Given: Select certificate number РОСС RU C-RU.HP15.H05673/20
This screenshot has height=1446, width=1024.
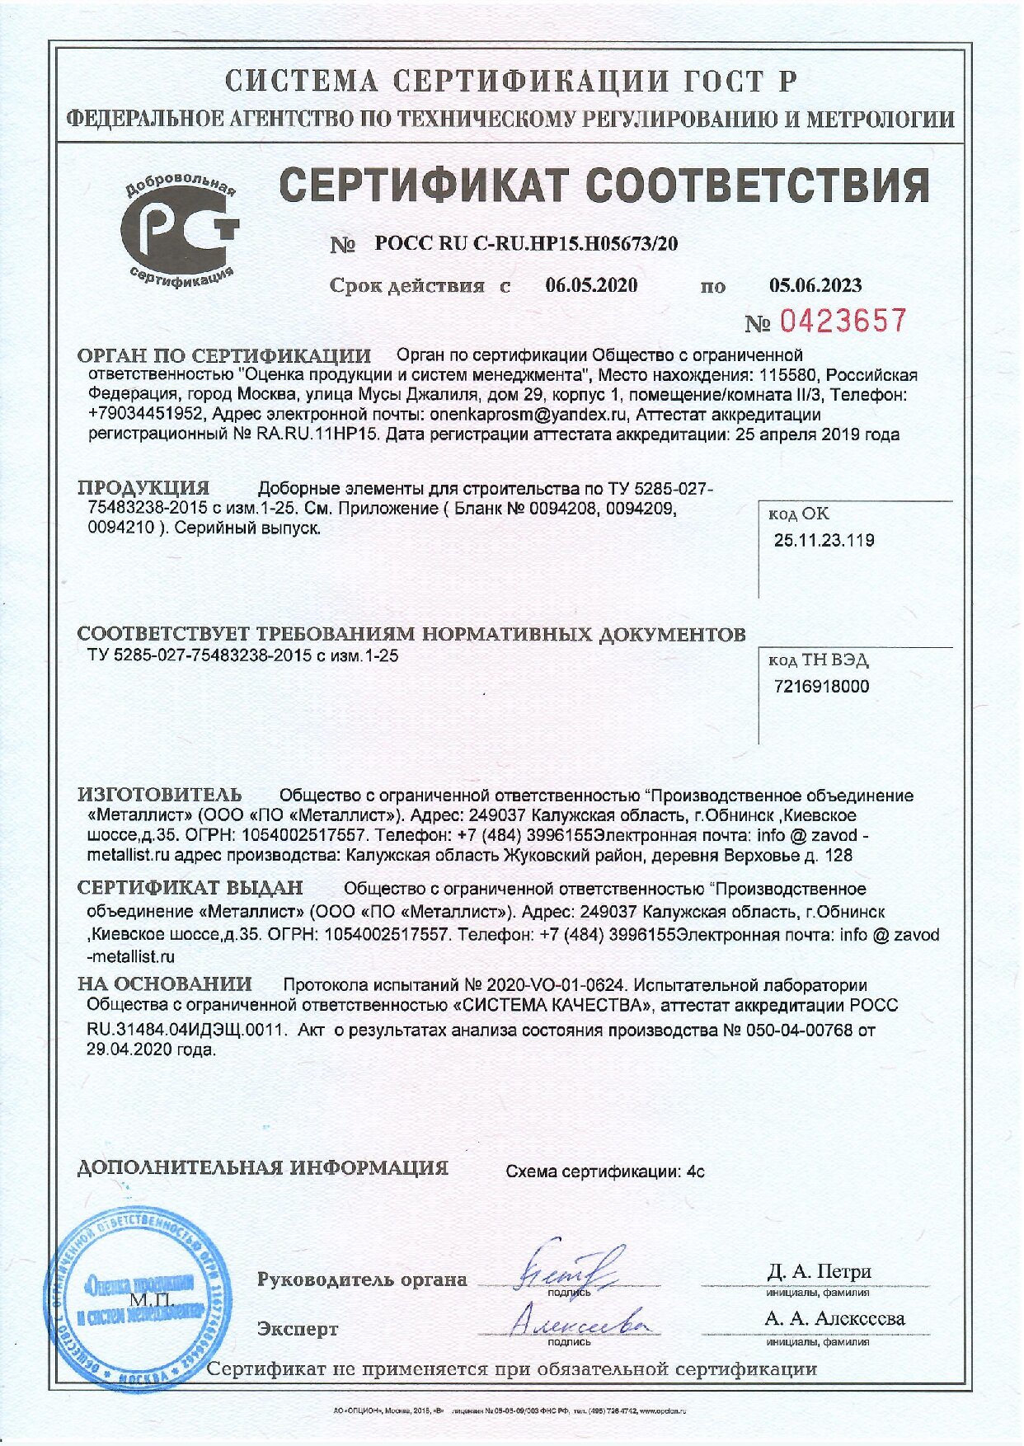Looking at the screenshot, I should pos(526,243).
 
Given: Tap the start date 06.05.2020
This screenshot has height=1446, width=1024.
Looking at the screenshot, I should pos(591,285).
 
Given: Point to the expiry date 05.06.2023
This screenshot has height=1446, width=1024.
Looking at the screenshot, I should pos(815,285).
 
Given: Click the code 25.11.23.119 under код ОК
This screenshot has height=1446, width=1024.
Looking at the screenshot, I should pos(824,541).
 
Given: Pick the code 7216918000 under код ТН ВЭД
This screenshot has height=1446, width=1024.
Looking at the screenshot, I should pos(822,687).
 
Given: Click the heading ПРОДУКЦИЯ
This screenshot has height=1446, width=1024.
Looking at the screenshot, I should pos(143,487).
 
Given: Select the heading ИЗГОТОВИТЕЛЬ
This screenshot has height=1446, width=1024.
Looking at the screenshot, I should pos(160,795).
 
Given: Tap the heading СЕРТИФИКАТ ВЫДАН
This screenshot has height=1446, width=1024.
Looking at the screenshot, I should pos(190,888).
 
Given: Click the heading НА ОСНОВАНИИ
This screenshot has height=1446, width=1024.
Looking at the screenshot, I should pos(165,984).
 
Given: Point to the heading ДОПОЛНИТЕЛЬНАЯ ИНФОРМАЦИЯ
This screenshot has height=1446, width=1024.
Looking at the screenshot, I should pos(262,1167).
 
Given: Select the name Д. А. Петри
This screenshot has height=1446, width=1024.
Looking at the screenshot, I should pos(818,1271).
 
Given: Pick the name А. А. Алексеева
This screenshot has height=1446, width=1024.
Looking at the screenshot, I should pos(834,1319).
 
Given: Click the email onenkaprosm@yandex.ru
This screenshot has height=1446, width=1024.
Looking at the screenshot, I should pos(528,414).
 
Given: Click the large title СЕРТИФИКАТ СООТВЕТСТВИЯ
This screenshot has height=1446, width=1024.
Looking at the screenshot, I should pos(604,185).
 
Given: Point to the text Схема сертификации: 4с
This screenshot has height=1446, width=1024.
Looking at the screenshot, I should pos(604,1171).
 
